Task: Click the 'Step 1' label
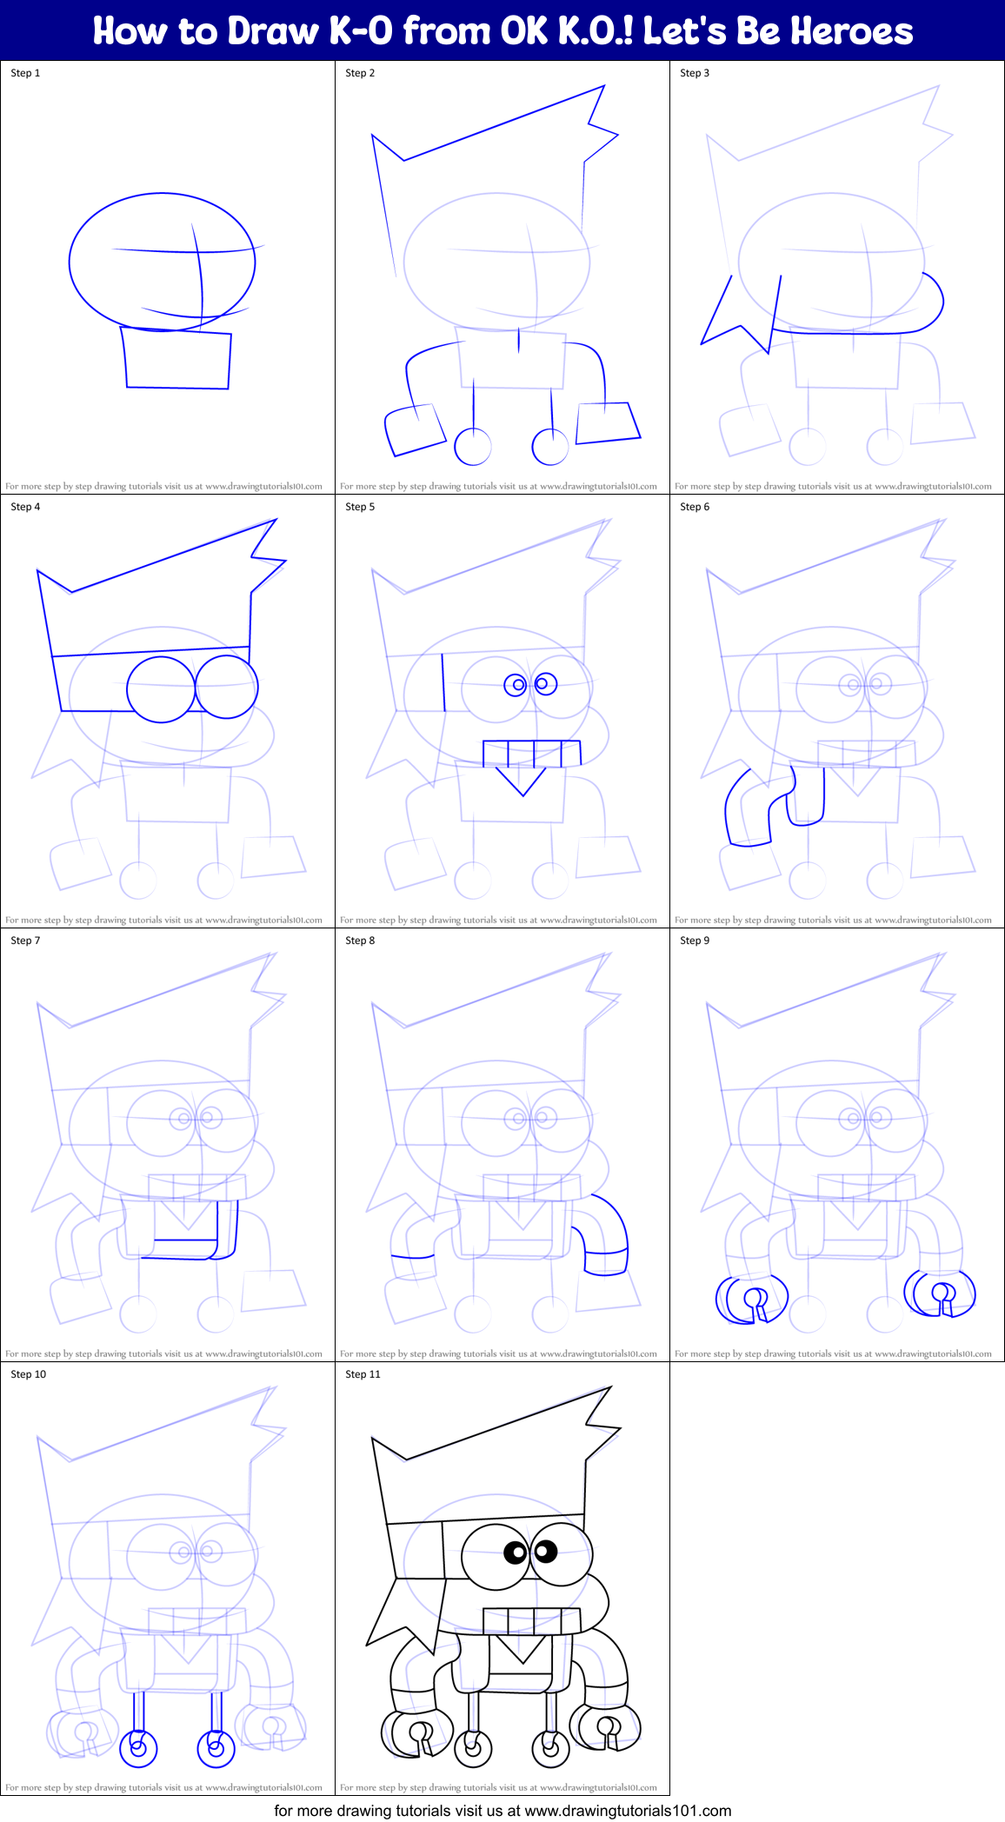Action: point(25,73)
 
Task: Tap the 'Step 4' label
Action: point(25,507)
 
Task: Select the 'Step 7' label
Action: point(25,941)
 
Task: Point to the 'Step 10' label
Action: point(28,1374)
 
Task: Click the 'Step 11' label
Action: point(363,1374)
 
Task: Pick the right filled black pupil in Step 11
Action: point(545,1550)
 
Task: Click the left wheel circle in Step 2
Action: point(473,447)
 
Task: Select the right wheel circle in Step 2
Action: point(550,447)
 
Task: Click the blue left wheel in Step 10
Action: point(137,1747)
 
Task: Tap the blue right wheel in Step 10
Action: point(216,1747)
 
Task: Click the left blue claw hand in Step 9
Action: point(750,1300)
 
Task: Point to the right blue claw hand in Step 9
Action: point(941,1293)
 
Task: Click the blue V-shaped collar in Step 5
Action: point(522,780)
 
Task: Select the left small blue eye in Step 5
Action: point(516,685)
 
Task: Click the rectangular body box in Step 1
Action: point(177,359)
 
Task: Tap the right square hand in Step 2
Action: point(608,423)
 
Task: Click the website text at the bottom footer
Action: point(503,1811)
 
